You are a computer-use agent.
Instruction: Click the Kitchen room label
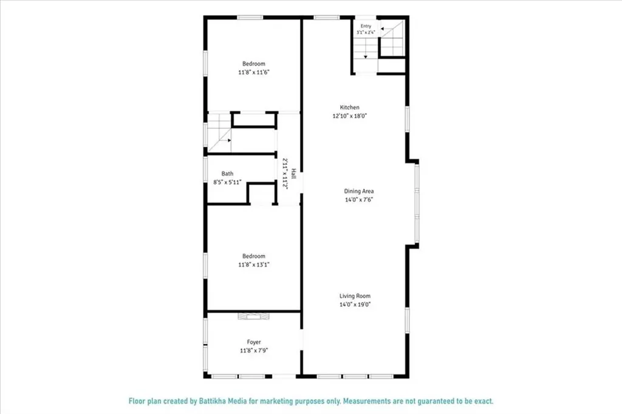click(x=349, y=107)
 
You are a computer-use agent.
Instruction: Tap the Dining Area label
click(x=358, y=191)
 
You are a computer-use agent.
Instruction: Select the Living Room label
click(x=355, y=295)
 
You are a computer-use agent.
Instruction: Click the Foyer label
click(x=254, y=342)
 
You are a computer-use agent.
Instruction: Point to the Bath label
click(x=227, y=173)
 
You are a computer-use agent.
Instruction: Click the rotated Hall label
click(x=294, y=173)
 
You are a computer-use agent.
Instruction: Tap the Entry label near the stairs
click(x=366, y=26)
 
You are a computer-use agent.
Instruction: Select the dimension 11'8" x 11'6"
click(x=254, y=72)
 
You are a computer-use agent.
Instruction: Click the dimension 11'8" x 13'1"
click(x=254, y=265)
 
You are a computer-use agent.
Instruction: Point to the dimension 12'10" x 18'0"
click(x=349, y=116)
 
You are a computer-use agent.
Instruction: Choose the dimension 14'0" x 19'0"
click(x=355, y=305)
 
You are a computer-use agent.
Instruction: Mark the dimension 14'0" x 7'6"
click(x=358, y=199)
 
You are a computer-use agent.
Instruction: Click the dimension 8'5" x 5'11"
click(x=227, y=182)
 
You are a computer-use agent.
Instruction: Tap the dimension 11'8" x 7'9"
click(x=254, y=351)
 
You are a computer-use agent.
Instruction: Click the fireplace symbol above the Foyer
click(x=253, y=316)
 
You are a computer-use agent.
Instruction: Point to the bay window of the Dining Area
click(x=417, y=204)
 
